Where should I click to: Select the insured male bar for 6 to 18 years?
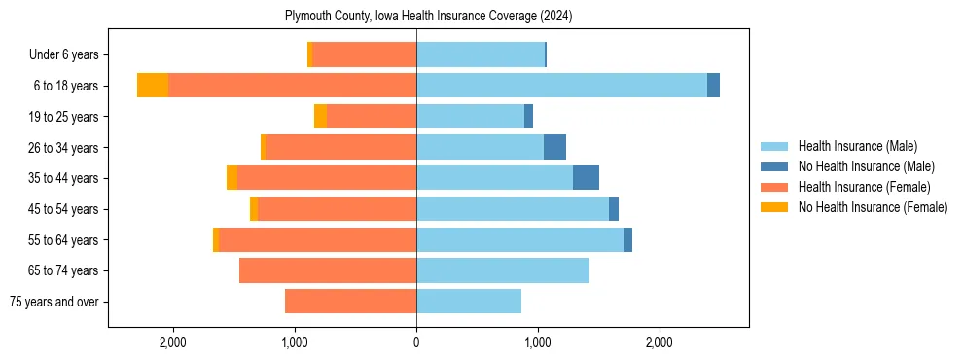(561, 86)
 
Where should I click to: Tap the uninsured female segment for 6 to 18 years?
(153, 86)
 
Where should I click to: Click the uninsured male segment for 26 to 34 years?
(554, 147)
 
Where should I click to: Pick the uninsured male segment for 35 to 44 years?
(586, 178)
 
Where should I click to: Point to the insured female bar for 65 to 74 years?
(328, 270)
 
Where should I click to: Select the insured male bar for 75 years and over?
(469, 302)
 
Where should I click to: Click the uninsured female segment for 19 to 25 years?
(320, 117)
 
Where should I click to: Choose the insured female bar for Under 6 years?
(365, 54)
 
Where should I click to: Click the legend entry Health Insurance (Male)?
(857, 146)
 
